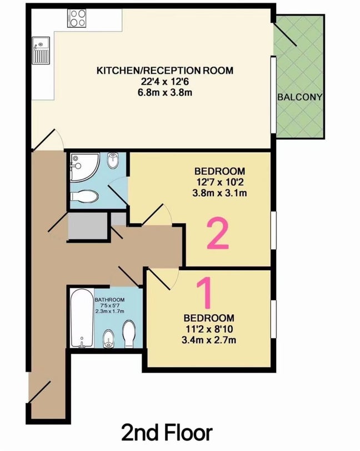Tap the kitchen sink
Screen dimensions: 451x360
pos(40,49)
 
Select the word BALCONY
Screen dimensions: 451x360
pos(299,97)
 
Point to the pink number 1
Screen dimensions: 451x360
pos(204,293)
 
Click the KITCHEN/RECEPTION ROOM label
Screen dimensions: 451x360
pos(165,71)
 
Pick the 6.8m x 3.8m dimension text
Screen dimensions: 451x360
pos(165,93)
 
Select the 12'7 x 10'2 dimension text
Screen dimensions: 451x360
pos(219,182)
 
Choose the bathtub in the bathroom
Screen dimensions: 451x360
pos(82,318)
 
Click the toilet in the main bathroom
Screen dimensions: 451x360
pos(129,334)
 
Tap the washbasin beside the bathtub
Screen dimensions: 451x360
pos(109,338)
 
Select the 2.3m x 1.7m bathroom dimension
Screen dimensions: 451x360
pos(109,311)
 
